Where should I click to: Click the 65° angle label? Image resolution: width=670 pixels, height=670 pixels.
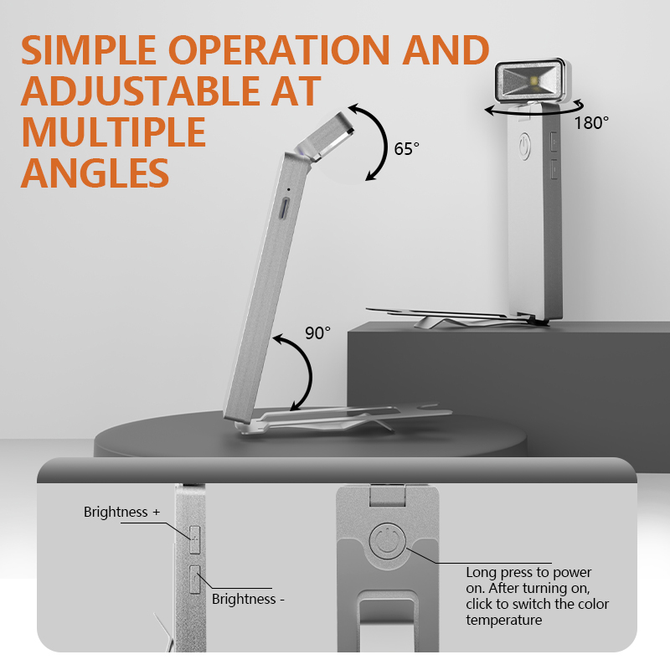click(x=406, y=149)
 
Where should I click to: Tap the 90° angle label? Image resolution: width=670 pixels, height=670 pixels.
click(x=317, y=333)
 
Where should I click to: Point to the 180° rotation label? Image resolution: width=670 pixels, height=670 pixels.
click(x=591, y=123)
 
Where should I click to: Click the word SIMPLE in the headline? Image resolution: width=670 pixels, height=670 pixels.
click(x=89, y=50)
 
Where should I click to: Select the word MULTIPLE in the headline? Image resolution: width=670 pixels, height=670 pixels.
click(x=114, y=131)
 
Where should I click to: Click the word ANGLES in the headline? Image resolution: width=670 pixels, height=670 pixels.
click(x=95, y=173)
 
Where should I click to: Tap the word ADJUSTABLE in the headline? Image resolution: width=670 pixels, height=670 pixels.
click(x=140, y=91)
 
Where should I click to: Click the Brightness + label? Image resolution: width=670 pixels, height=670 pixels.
click(x=121, y=512)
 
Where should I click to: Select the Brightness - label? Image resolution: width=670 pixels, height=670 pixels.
click(x=248, y=599)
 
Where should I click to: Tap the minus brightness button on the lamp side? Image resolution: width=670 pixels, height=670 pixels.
click(x=195, y=580)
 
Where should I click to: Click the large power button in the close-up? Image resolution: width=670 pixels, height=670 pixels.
click(x=387, y=541)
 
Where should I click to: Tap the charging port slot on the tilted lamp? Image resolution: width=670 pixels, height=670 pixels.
click(x=284, y=209)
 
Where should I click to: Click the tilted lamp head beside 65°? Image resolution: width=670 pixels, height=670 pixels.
click(x=326, y=137)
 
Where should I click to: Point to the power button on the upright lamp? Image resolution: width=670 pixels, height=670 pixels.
click(x=525, y=147)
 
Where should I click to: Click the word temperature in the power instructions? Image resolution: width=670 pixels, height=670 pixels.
click(x=504, y=620)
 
